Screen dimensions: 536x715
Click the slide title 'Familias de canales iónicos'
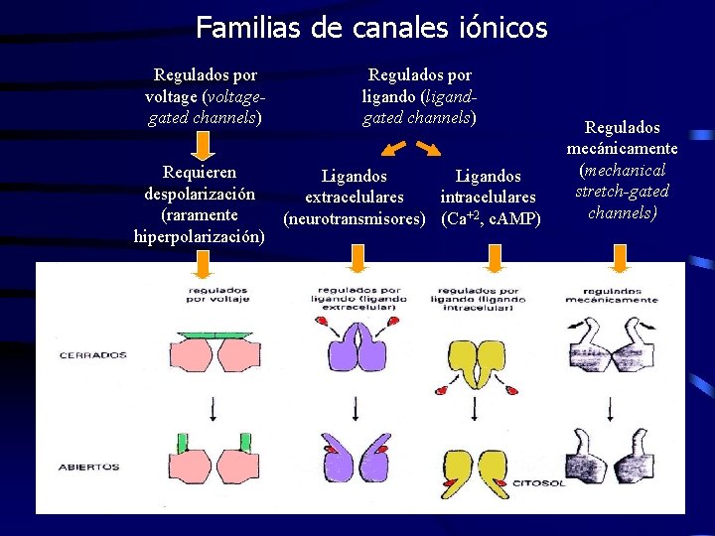tap(371, 28)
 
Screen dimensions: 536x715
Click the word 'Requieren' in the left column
tap(202, 172)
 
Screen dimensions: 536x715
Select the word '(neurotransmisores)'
tap(355, 217)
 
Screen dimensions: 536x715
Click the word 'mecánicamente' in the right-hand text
tap(622, 148)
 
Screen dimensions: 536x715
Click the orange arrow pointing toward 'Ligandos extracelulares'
tap(391, 149)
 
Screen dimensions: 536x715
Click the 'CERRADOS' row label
tap(93, 354)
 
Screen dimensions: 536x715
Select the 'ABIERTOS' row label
tap(89, 467)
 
